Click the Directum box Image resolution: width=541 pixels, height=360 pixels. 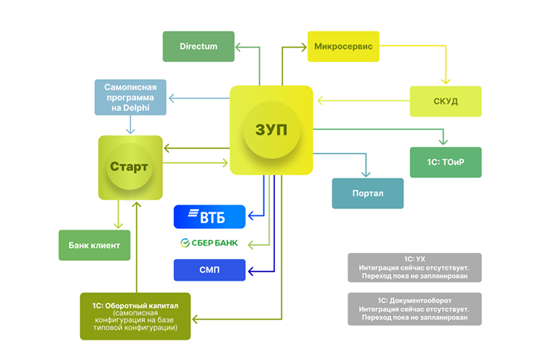(199, 46)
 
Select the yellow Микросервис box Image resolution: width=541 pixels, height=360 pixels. (343, 46)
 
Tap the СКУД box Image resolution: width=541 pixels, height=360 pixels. (445, 101)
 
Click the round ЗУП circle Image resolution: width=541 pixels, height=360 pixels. (271, 130)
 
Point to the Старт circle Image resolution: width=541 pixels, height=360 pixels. (129, 167)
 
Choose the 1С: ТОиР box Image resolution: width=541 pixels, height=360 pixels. (445, 162)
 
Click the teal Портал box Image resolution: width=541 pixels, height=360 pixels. (368, 194)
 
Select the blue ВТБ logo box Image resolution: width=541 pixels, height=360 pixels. (209, 216)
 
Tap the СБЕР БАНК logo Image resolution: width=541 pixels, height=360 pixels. (209, 243)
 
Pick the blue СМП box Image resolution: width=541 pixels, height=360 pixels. (209, 270)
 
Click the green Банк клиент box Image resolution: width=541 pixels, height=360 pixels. (94, 246)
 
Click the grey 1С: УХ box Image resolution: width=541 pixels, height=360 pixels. (414, 267)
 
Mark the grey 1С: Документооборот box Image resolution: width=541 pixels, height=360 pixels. (414, 307)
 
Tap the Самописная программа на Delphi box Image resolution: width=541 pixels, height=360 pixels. (130, 98)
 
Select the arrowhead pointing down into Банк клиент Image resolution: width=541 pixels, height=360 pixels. (119, 227)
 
